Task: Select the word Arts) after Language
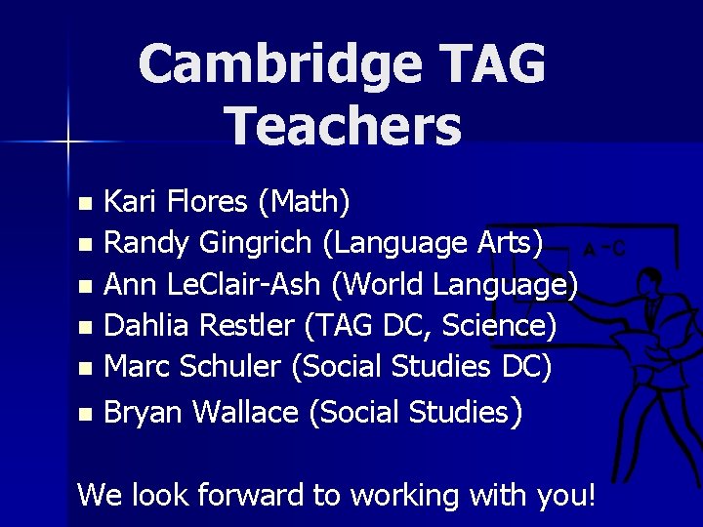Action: [509, 242]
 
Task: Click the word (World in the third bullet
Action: [377, 285]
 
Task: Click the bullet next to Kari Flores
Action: [87, 205]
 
